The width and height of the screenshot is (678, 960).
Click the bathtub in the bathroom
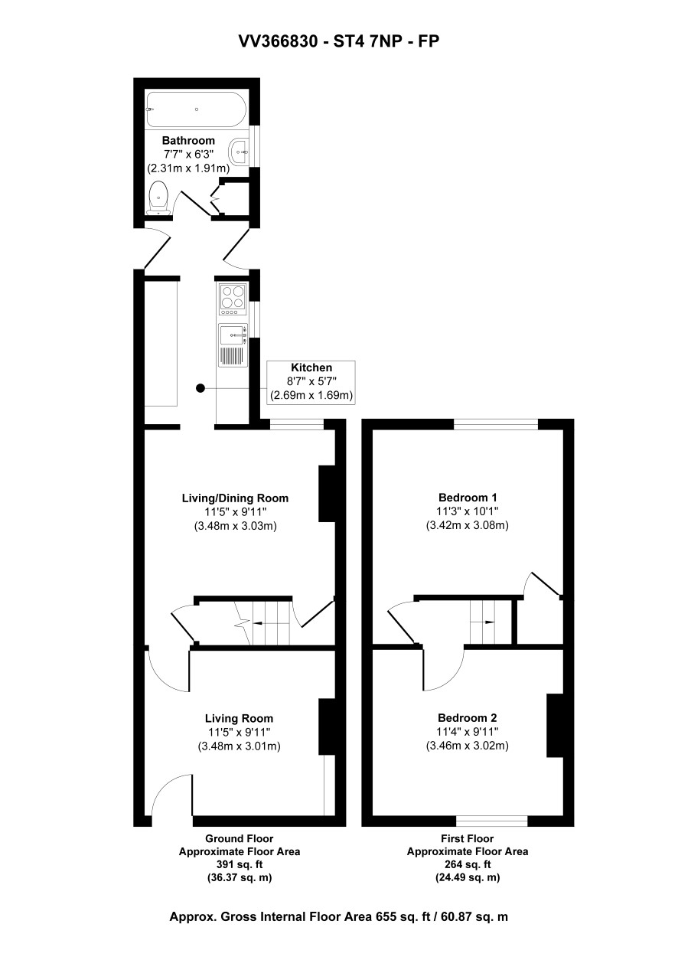(196, 109)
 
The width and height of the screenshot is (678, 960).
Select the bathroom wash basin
(240, 151)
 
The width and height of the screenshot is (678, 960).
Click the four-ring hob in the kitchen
(233, 296)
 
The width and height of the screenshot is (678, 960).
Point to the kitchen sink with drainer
(233, 345)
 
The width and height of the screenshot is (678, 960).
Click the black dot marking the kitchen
(200, 388)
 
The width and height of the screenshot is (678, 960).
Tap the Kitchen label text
(311, 367)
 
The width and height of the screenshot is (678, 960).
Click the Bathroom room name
(188, 140)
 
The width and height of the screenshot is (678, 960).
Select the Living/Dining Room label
(235, 498)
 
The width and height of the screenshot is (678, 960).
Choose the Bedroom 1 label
(468, 497)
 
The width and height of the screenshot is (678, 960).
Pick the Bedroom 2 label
(468, 717)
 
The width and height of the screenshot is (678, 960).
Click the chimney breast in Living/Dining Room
(326, 494)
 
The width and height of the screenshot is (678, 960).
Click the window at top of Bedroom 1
(496, 423)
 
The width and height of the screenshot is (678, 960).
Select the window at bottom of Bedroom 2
(492, 821)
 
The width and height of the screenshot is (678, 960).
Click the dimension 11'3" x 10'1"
(468, 511)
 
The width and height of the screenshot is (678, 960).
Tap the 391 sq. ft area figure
(239, 864)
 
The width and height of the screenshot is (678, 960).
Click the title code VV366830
(279, 41)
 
